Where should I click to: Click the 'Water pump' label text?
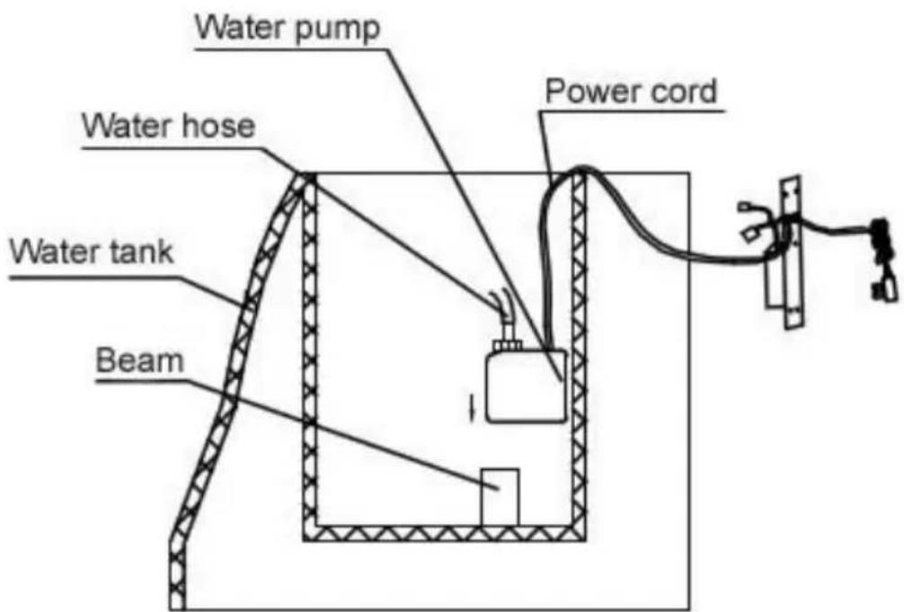pyautogui.click(x=288, y=27)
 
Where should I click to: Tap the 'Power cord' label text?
pyautogui.click(x=632, y=91)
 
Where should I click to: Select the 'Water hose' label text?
pyautogui.click(x=168, y=127)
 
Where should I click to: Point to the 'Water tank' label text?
pyautogui.click(x=92, y=252)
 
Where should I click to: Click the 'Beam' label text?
pyautogui.click(x=140, y=360)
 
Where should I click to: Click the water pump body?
pyautogui.click(x=527, y=386)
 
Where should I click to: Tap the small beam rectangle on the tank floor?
pyautogui.click(x=500, y=497)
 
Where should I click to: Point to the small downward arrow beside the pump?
pyautogui.click(x=473, y=406)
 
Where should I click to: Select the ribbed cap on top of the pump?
pyautogui.click(x=507, y=345)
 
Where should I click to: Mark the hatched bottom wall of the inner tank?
pyautogui.click(x=444, y=534)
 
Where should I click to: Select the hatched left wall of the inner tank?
pyautogui.click(x=310, y=357)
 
